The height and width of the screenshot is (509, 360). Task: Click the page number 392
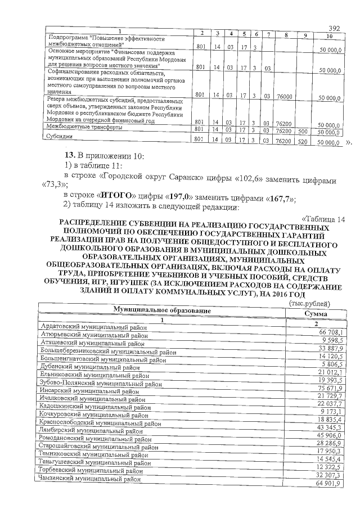coord(335,28)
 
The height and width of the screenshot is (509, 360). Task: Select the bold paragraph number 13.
coord(70,155)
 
